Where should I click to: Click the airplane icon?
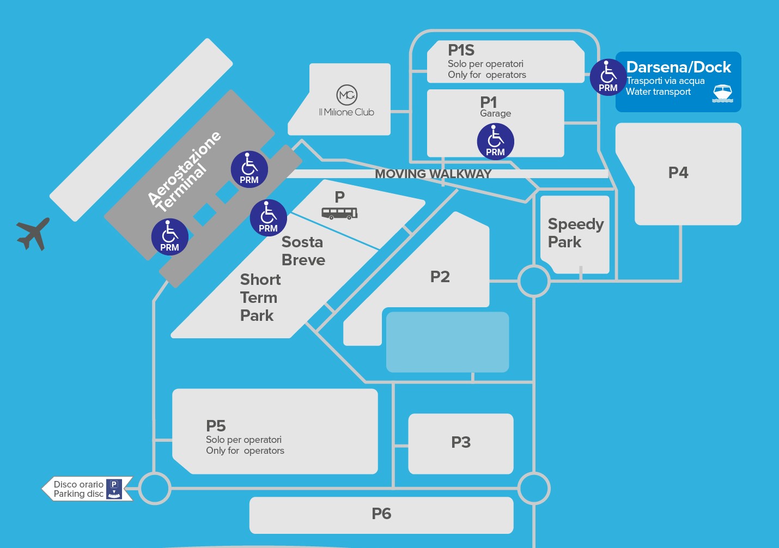pyautogui.click(x=33, y=234)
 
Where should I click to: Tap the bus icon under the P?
pyautogui.click(x=339, y=213)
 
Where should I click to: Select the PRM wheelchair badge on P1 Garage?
pyautogui.click(x=495, y=141)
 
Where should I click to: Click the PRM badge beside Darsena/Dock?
pyautogui.click(x=608, y=77)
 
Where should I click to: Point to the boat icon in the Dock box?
pyautogui.click(x=723, y=93)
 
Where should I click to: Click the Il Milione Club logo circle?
pyautogui.click(x=347, y=95)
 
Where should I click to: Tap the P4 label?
pyautogui.click(x=678, y=173)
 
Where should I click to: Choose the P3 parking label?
pyautogui.click(x=461, y=442)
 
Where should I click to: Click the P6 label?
pyautogui.click(x=381, y=514)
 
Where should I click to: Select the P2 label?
pyautogui.click(x=440, y=277)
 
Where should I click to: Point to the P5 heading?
pyautogui.click(x=216, y=425)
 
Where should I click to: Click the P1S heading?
pyautogui.click(x=461, y=50)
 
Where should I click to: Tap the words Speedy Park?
pyautogui.click(x=575, y=233)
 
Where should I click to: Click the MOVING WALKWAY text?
pyautogui.click(x=433, y=174)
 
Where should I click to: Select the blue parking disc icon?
pyautogui.click(x=114, y=489)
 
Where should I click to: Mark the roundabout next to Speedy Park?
pyautogui.click(x=534, y=281)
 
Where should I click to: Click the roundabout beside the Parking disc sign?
pyautogui.click(x=155, y=488)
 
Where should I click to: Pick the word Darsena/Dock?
pyautogui.click(x=678, y=67)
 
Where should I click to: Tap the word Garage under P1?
pyautogui.click(x=495, y=113)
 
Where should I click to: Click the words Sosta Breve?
pyautogui.click(x=303, y=251)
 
